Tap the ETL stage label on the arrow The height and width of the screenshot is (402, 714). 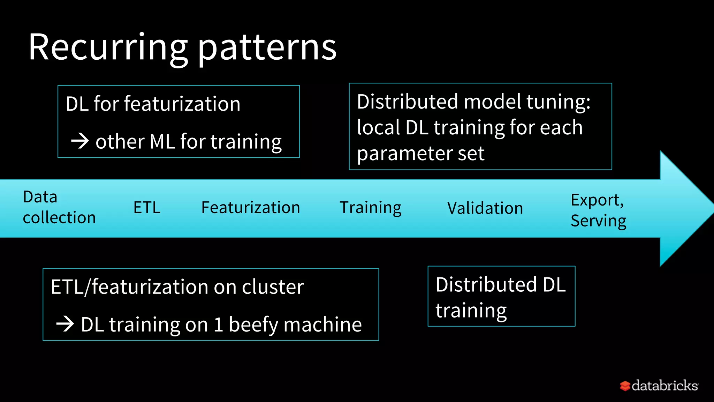pyautogui.click(x=147, y=208)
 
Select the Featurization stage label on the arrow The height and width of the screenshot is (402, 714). pyautogui.click(x=250, y=208)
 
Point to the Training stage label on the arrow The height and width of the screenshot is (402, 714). pyautogui.click(x=370, y=208)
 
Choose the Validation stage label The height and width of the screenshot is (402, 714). pyautogui.click(x=485, y=208)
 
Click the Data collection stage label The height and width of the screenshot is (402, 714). pyautogui.click(x=59, y=207)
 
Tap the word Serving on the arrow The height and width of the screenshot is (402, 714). pyautogui.click(x=598, y=221)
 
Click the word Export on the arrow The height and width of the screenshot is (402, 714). pyautogui.click(x=596, y=200)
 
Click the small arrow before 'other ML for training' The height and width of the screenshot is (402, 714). pyautogui.click(x=80, y=141)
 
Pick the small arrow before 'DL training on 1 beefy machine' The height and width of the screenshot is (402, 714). pyautogui.click(x=65, y=324)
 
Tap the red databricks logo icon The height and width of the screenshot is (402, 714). pyautogui.click(x=625, y=386)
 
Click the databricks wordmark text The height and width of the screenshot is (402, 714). pyautogui.click(x=664, y=386)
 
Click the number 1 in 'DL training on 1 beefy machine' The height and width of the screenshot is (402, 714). pyautogui.click(x=218, y=325)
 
